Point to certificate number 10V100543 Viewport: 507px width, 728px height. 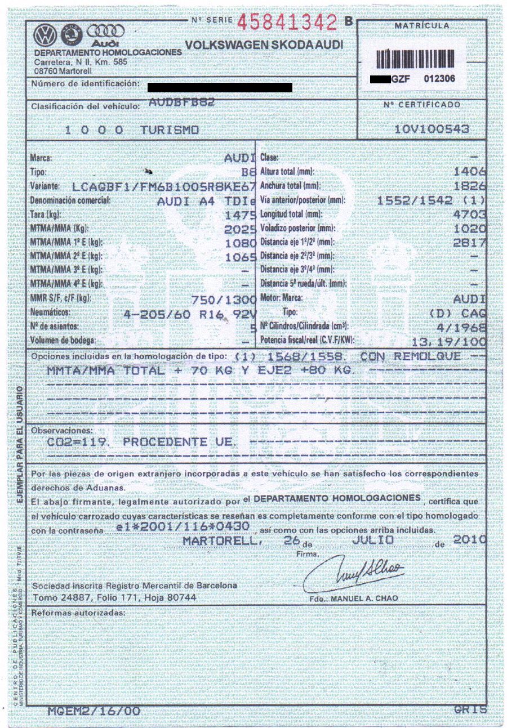point(432,129)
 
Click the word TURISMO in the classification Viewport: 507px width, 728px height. point(170,130)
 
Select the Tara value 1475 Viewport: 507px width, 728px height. point(240,215)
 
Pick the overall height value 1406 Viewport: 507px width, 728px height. point(469,171)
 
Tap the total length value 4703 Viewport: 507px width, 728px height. point(469,215)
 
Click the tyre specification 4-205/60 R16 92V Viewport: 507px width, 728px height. point(190,313)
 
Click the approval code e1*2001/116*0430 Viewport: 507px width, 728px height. point(181,526)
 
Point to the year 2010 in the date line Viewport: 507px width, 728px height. point(469,539)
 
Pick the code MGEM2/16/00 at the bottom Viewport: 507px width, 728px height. point(94,711)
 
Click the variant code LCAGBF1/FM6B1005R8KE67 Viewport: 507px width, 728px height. point(165,186)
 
